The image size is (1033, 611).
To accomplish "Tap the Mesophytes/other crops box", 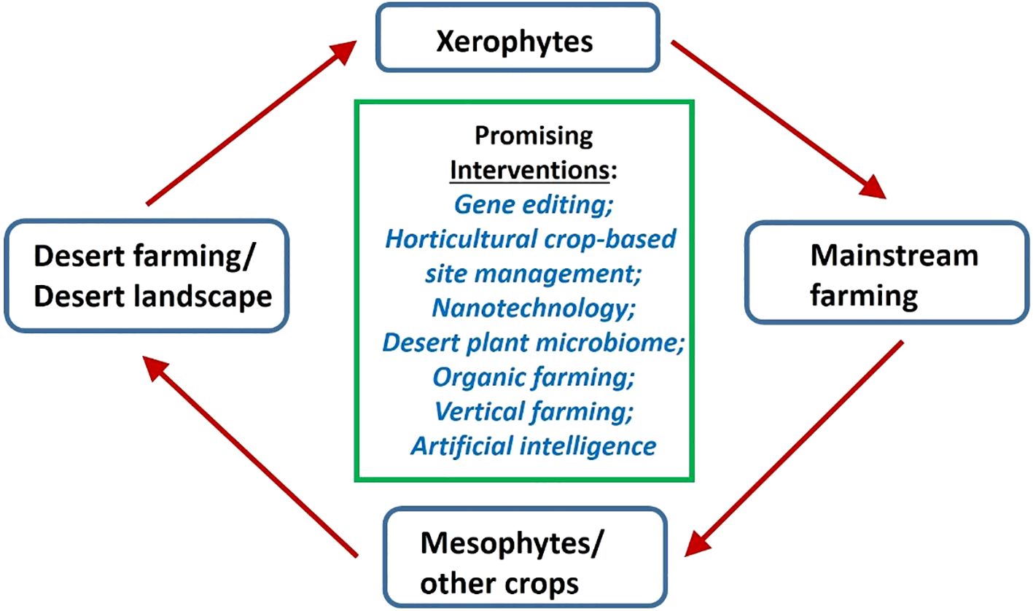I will tap(525, 558).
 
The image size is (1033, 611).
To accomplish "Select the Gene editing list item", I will tap(534, 205).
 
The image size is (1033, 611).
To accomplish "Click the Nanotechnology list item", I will tap(534, 308).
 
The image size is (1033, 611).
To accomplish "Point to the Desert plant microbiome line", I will tap(534, 343).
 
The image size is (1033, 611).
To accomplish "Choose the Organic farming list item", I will tap(534, 377).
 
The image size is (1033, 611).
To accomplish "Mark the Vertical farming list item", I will tap(534, 411).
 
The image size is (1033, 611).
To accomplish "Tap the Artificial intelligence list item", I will tap(534, 445).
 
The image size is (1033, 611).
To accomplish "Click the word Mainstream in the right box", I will tap(894, 255).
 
